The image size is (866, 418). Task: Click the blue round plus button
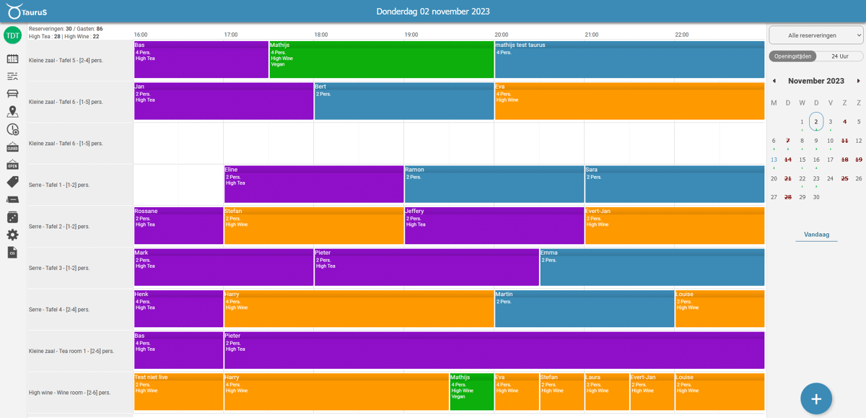tap(816, 399)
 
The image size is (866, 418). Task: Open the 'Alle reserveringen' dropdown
tap(816, 35)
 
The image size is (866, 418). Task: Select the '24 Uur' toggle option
tap(839, 56)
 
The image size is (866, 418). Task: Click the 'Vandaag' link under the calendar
tap(816, 235)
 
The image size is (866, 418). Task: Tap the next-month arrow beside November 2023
tap(858, 81)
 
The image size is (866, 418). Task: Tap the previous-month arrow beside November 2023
tap(774, 81)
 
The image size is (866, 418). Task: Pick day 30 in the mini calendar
tap(816, 196)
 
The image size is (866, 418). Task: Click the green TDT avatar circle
tap(12, 35)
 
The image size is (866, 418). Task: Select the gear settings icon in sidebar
tap(12, 235)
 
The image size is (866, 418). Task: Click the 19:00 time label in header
tap(411, 35)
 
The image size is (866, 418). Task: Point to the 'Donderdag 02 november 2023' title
tap(433, 11)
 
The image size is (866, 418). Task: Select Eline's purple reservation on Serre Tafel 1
tap(313, 185)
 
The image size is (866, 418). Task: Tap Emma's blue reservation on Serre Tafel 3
tap(652, 268)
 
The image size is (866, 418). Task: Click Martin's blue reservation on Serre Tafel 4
tap(584, 309)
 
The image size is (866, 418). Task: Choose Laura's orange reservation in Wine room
tap(606, 393)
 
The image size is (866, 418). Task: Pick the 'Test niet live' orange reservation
tap(178, 393)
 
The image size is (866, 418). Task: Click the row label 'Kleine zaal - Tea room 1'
tap(71, 351)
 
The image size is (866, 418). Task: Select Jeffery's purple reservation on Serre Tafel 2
tap(494, 226)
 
